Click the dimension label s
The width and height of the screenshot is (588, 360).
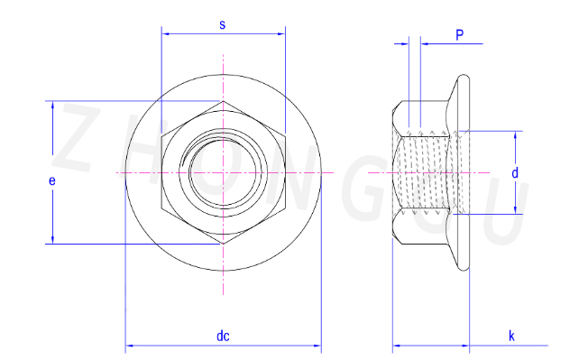223,24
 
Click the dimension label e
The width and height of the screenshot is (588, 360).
52,180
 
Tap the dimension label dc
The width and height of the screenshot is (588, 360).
223,336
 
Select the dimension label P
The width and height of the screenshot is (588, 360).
459,35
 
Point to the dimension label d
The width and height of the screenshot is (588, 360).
515,173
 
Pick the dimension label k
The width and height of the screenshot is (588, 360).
511,336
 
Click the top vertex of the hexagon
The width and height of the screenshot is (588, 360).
224,101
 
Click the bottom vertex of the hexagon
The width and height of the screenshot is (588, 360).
224,245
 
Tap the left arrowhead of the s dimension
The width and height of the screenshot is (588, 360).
165,33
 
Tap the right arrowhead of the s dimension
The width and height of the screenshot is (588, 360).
281,33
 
